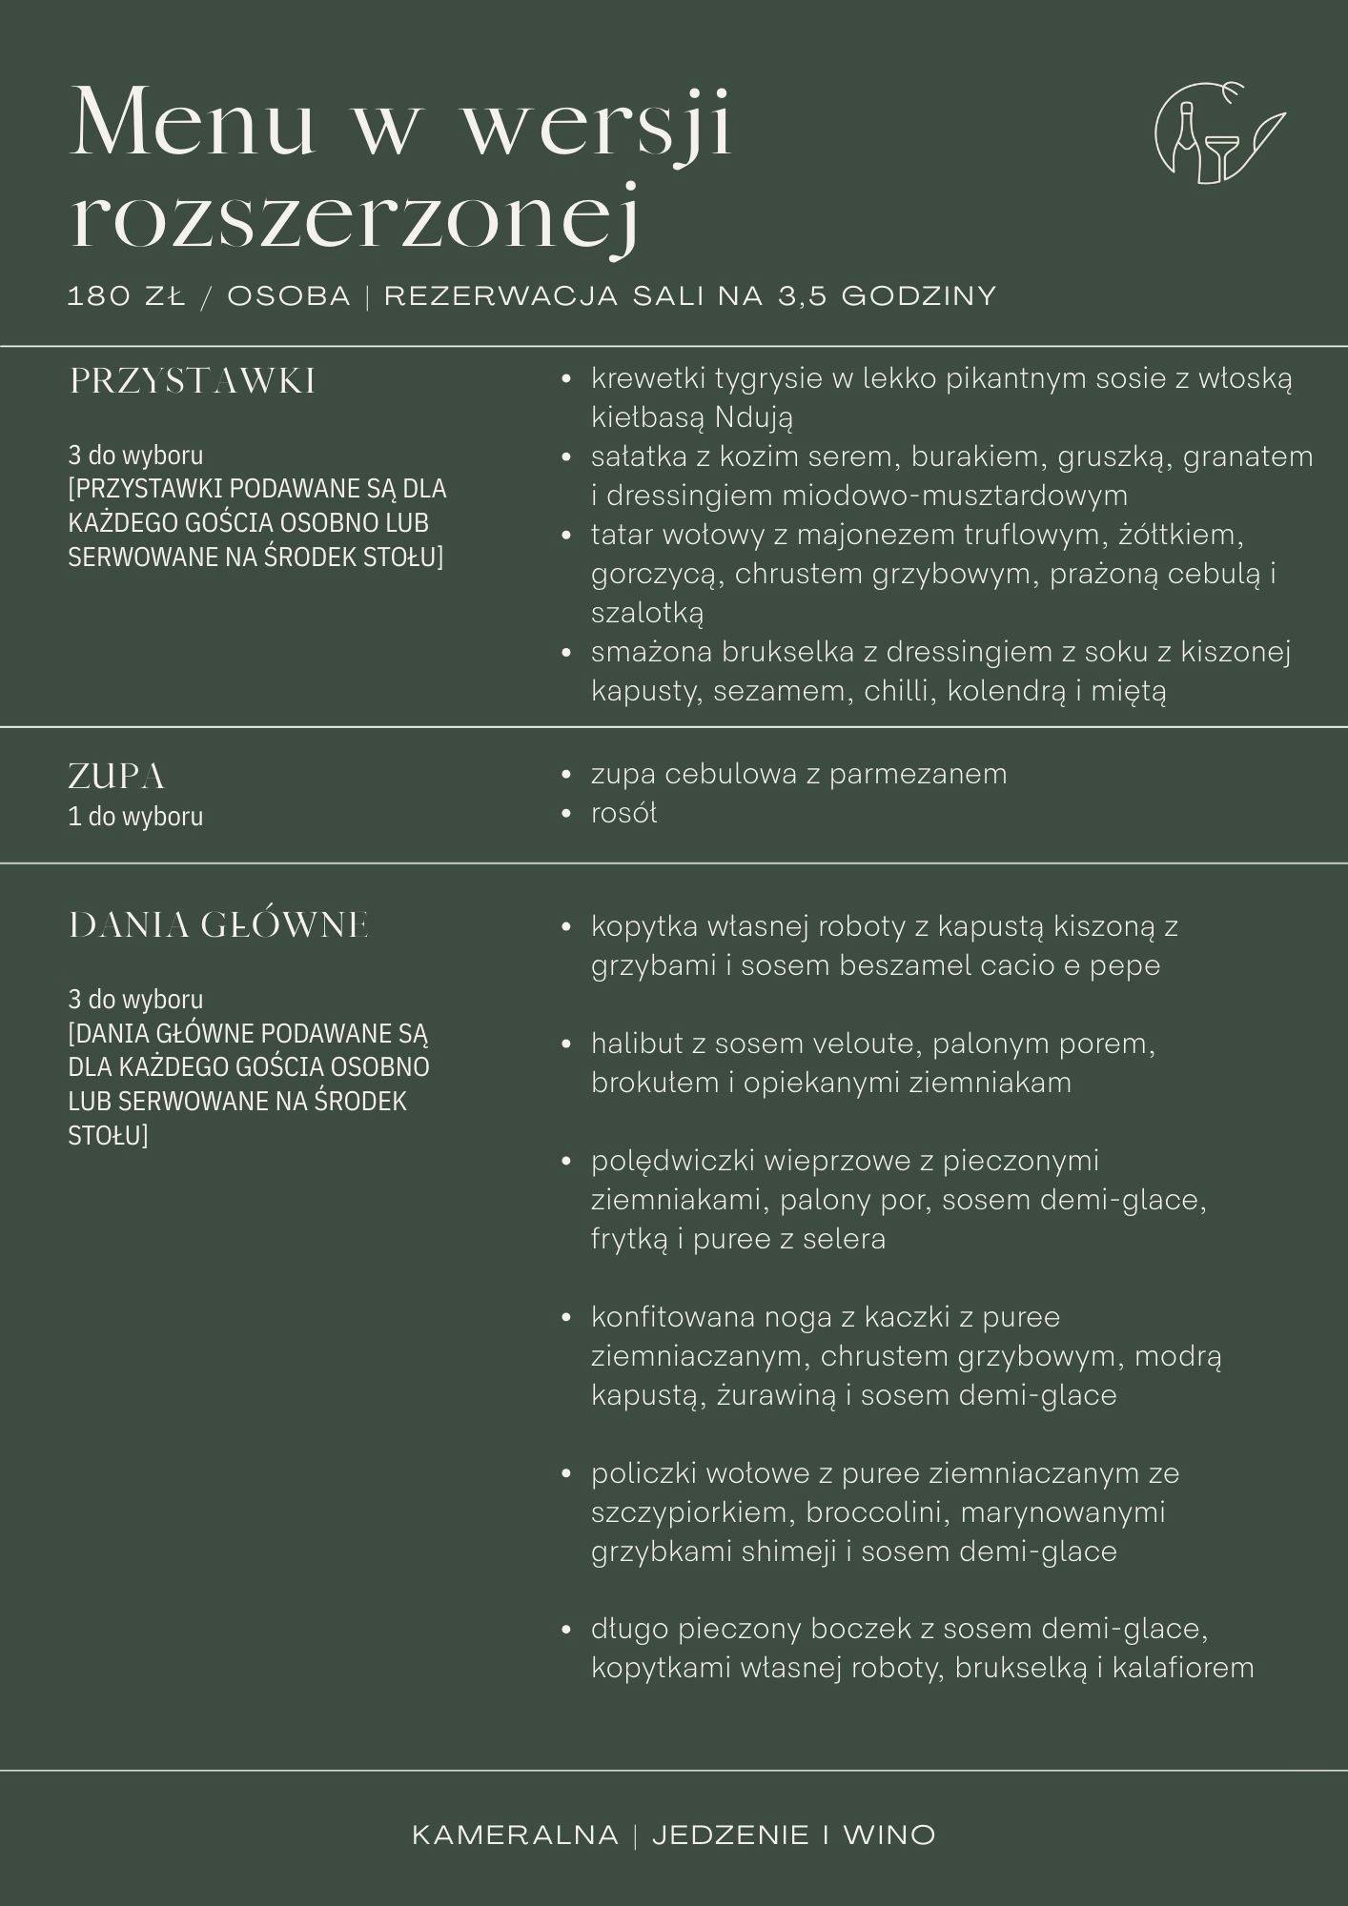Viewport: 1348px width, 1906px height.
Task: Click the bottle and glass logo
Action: (1217, 133)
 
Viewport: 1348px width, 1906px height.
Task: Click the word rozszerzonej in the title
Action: (355, 218)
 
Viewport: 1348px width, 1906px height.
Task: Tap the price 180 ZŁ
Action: (126, 296)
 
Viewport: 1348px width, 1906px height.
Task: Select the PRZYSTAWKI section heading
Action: (193, 381)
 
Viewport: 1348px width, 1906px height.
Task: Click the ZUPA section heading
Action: (116, 777)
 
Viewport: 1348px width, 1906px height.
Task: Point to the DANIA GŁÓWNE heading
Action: (219, 925)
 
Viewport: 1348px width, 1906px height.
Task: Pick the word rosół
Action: (623, 813)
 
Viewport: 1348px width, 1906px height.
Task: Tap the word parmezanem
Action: (917, 774)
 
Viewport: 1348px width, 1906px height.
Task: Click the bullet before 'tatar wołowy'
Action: (566, 536)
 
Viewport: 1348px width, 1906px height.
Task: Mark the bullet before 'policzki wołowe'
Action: (566, 1473)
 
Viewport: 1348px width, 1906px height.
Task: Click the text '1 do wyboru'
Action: (135, 817)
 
